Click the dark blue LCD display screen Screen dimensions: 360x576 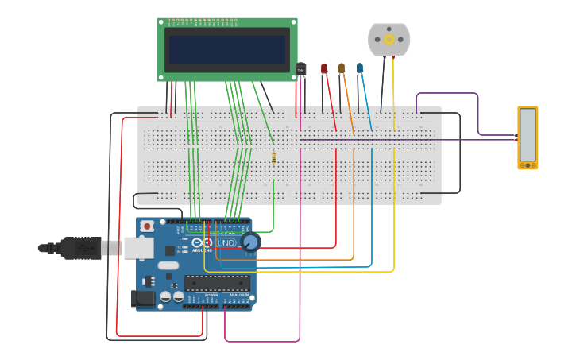[226, 49]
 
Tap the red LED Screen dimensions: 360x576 [324, 69]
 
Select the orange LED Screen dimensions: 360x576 [342, 69]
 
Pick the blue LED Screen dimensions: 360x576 [360, 69]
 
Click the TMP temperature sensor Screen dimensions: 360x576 [300, 70]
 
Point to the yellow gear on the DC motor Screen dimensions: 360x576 [389, 39]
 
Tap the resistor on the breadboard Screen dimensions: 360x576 [273, 157]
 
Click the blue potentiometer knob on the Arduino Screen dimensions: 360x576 [249, 242]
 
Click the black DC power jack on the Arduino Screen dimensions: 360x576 [143, 299]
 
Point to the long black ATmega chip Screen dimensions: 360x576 [217, 282]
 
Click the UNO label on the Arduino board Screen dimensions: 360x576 [226, 242]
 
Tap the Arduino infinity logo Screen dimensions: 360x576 [203, 242]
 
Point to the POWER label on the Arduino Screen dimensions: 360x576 [211, 295]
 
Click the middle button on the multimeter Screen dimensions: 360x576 [528, 165]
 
